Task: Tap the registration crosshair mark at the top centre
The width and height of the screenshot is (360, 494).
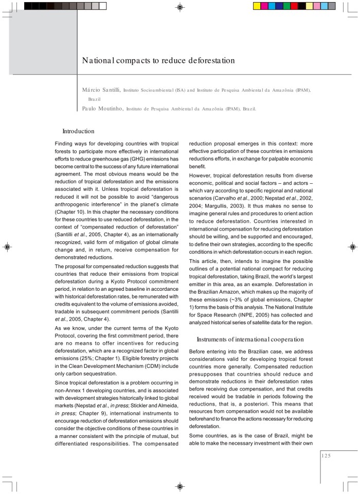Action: (x=180, y=7)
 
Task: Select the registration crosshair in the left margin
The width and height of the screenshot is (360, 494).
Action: (x=7, y=247)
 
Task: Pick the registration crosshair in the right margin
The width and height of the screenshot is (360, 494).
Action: (x=353, y=247)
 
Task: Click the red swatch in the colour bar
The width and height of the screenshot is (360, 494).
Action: (x=294, y=6)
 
